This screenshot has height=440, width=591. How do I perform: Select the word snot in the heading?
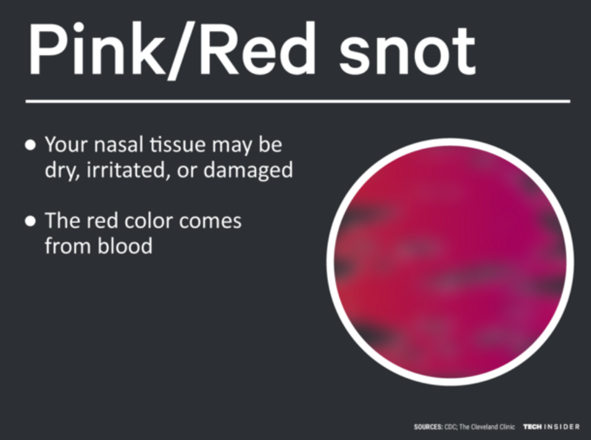click(x=407, y=51)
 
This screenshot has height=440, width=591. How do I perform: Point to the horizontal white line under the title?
click(x=296, y=102)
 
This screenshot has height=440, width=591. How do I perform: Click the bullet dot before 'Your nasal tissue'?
click(x=30, y=146)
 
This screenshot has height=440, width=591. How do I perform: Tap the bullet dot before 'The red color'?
click(x=30, y=222)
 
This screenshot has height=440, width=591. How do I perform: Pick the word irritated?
click(x=128, y=171)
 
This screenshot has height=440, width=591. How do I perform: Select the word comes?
click(x=212, y=222)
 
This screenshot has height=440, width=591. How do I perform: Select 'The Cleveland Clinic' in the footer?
click(x=488, y=427)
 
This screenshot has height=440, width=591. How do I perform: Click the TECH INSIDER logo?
click(x=551, y=427)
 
